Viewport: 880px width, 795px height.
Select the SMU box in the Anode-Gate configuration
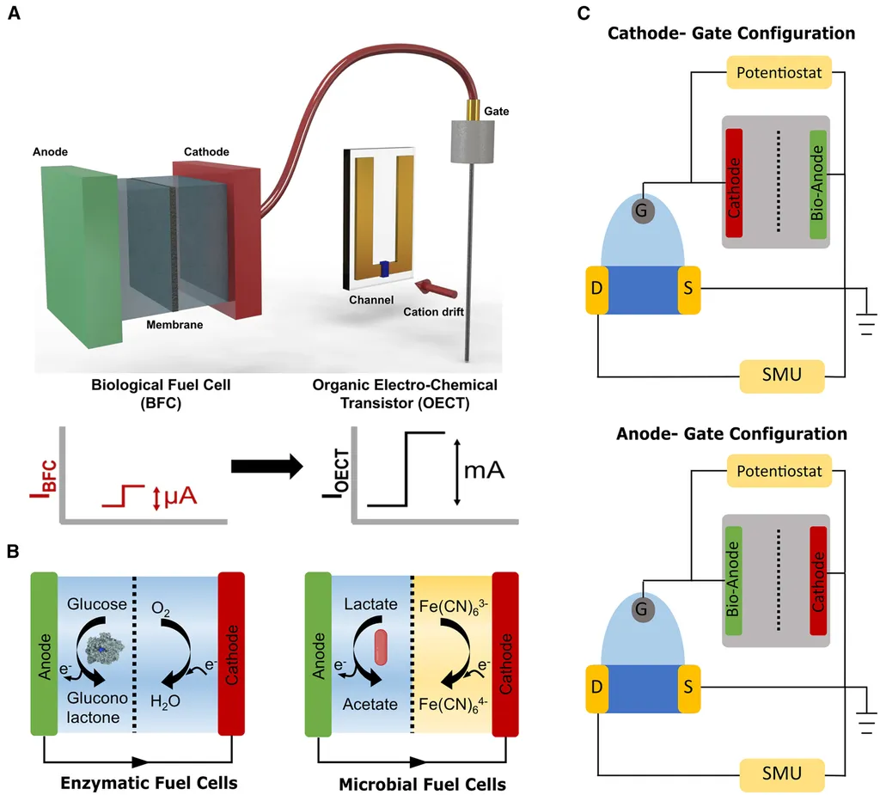(782, 773)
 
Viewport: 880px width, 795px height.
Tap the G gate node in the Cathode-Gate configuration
(640, 209)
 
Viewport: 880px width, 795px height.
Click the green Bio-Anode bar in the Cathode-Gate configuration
(817, 183)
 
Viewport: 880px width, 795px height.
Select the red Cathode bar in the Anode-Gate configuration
(817, 582)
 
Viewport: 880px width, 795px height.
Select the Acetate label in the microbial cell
(371, 704)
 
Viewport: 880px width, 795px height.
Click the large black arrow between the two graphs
(266, 468)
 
